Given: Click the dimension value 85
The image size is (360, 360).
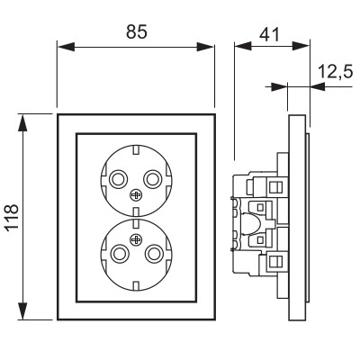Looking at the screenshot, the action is [137, 31].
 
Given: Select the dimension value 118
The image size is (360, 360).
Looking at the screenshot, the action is [13, 217].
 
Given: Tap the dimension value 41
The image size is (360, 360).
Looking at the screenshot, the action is [269, 34].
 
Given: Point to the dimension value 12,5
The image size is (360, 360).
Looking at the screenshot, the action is [335, 72].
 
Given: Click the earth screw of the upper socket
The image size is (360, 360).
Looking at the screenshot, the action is [136, 195].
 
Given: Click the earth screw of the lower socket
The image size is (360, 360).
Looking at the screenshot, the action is [136, 239].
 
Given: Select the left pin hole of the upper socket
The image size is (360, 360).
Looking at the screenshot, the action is [118, 179].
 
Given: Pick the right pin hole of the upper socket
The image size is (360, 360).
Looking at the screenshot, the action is [153, 179].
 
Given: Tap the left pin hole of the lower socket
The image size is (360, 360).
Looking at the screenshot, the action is [119, 254].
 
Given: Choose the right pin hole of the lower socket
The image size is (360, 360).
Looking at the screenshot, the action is [154, 254].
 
